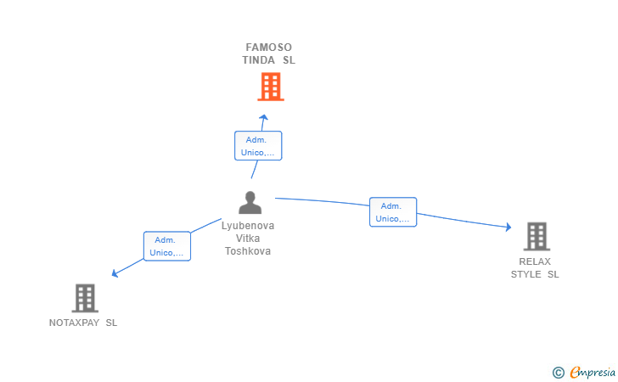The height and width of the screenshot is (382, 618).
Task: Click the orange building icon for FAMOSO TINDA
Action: coord(271,87)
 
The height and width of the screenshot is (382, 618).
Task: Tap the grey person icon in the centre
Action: coord(250,203)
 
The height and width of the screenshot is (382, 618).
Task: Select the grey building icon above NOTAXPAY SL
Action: coord(85,298)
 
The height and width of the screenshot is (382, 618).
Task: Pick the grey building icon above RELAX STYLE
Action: coord(537,237)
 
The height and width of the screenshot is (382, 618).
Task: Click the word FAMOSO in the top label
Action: coord(269,48)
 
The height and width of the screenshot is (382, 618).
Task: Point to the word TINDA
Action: coord(259,60)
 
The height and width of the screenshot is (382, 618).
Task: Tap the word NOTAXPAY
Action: coord(74,323)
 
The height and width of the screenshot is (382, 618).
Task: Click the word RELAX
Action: coord(535,261)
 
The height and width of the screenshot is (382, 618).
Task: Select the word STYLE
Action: coord(525,274)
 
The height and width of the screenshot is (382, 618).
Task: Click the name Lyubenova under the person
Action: coord(248,226)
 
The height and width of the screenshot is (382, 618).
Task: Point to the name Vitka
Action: coord(248,239)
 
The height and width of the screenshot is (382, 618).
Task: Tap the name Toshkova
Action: coord(248,251)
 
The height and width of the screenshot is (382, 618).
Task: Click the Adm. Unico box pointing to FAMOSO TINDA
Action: coord(258,146)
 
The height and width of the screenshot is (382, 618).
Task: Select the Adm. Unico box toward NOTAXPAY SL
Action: coord(167,246)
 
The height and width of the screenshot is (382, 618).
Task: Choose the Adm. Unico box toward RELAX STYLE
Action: coord(393,212)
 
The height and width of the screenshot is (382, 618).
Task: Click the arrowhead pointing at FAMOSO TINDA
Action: coord(264,117)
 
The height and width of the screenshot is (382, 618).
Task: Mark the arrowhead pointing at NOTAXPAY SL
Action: coord(115,272)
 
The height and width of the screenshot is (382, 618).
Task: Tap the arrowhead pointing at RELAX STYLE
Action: coord(508,227)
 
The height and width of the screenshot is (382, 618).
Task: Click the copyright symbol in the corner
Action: coord(559,373)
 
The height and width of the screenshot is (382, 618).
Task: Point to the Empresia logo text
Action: coord(593,372)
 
